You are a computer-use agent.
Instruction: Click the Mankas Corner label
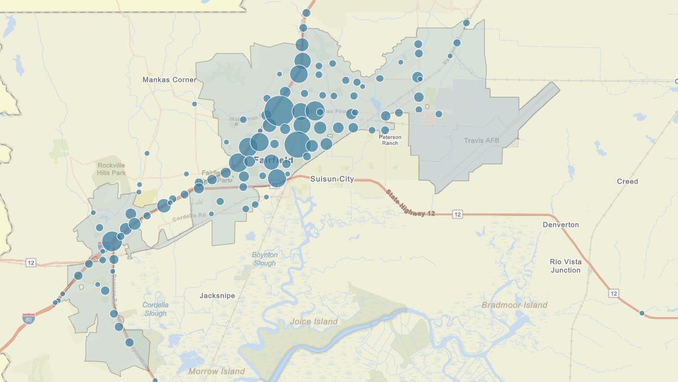click(169, 79)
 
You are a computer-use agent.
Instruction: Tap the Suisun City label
click(332, 179)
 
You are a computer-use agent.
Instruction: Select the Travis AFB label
click(482, 140)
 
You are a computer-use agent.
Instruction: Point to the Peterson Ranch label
click(390, 140)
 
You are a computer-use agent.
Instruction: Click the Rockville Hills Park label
click(111, 169)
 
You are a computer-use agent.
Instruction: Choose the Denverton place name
click(561, 224)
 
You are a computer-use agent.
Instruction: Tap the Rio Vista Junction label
click(566, 266)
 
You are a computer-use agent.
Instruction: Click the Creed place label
click(627, 182)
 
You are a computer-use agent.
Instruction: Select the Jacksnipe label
click(217, 295)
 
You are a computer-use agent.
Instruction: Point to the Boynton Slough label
click(264, 259)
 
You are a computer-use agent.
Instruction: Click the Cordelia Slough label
click(156, 309)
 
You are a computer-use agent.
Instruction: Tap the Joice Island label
click(314, 321)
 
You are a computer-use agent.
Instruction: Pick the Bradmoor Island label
click(514, 305)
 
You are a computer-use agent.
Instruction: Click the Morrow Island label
click(217, 371)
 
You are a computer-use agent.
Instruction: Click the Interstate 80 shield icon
click(28, 319)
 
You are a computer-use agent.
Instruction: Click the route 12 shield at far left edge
click(31, 263)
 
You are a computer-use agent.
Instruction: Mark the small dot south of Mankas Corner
click(194, 104)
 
